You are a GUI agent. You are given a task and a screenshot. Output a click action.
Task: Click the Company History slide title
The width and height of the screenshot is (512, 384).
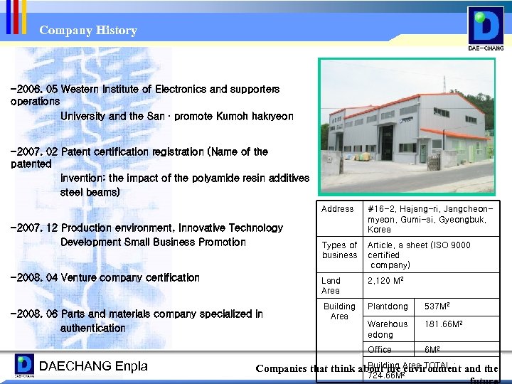pyautogui.click(x=88, y=31)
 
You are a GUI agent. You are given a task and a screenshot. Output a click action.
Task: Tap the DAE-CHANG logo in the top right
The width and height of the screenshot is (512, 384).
pyautogui.click(x=486, y=28)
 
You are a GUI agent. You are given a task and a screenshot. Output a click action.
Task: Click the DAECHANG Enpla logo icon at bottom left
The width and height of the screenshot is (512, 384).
pyautogui.click(x=24, y=366)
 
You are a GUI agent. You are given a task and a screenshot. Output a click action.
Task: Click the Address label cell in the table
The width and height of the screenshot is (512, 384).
pyautogui.click(x=337, y=209)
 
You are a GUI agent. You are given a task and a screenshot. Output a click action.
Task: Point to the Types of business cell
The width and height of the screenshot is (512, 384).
pyautogui.click(x=339, y=250)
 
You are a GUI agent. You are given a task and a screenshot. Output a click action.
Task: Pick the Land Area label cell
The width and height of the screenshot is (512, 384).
pyautogui.click(x=331, y=285)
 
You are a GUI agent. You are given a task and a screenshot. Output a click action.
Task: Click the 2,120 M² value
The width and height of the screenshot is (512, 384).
pyautogui.click(x=386, y=281)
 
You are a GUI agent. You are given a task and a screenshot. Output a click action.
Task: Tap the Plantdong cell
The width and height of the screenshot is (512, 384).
pyautogui.click(x=388, y=306)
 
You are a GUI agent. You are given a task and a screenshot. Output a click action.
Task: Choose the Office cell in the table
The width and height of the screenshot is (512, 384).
pyautogui.click(x=380, y=349)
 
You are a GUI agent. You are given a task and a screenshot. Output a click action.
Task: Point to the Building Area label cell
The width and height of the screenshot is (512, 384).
pyautogui.click(x=339, y=311)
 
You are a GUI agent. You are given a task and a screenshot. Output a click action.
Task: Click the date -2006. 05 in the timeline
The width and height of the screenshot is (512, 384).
pyautogui.click(x=34, y=90)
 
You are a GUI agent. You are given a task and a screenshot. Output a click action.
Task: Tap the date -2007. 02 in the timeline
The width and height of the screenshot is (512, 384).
pyautogui.click(x=34, y=151)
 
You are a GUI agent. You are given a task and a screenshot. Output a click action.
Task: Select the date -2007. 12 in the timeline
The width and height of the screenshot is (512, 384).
pyautogui.click(x=34, y=228)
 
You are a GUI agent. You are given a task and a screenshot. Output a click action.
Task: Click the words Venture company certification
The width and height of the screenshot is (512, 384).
pyautogui.click(x=130, y=277)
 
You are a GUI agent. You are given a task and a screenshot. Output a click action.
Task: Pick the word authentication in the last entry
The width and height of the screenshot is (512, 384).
pyautogui.click(x=92, y=328)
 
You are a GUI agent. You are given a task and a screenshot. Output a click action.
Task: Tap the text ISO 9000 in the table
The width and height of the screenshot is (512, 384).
pyautogui.click(x=451, y=245)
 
